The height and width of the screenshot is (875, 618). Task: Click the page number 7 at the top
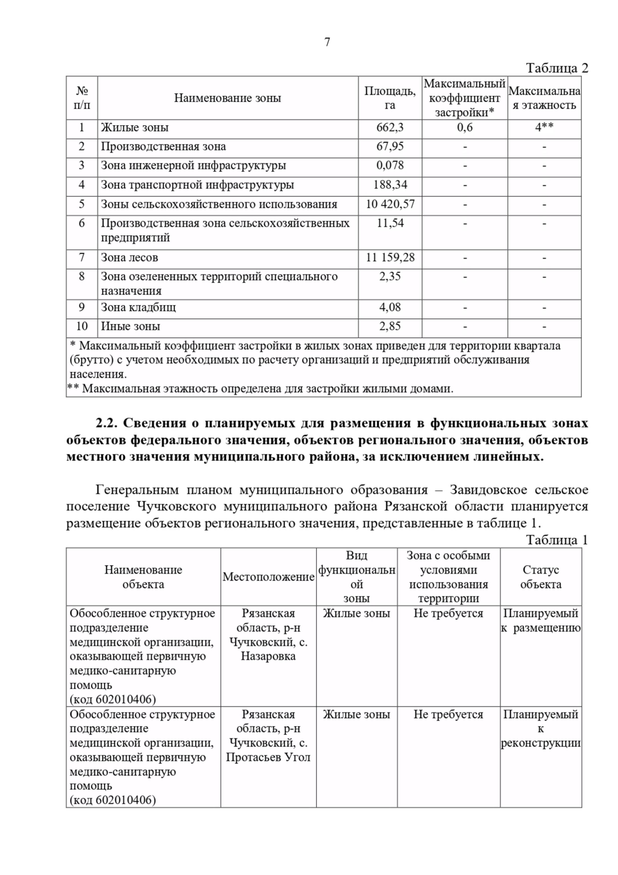point(327,42)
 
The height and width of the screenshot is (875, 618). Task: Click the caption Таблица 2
point(557,68)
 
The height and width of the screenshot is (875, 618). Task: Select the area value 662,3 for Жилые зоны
point(390,127)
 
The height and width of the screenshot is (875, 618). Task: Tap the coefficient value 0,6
point(465,127)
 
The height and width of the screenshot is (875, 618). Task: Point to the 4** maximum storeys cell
point(544,127)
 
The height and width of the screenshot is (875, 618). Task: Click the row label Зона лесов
point(129,258)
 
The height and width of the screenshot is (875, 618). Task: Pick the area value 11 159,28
point(390,258)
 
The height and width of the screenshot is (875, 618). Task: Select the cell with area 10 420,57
point(390,204)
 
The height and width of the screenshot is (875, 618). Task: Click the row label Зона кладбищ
point(138,308)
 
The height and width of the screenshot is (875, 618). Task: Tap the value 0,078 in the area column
point(390,165)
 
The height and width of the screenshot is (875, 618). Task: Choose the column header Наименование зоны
point(227,98)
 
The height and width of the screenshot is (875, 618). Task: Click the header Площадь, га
point(390,98)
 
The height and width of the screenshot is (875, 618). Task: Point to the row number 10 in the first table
point(82,327)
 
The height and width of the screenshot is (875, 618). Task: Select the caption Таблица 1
point(557,540)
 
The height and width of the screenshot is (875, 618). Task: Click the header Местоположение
point(268,577)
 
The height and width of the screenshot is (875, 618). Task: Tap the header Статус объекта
point(541,577)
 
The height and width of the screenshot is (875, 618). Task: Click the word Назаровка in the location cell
point(268,657)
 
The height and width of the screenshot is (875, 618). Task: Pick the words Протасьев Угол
point(268,758)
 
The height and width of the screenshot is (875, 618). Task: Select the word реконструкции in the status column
point(541,743)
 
